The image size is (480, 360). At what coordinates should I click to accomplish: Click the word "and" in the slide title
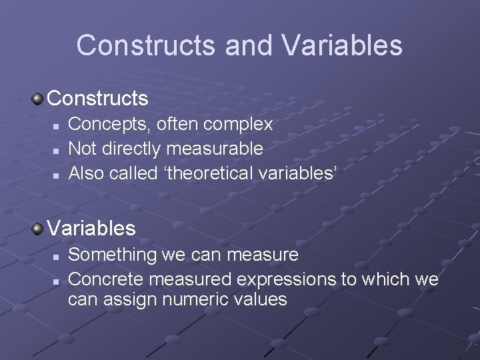249,45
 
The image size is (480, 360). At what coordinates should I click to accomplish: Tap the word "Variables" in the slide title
342,45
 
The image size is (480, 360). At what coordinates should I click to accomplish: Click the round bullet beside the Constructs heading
38,99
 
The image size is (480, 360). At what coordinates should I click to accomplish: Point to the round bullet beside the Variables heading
38,229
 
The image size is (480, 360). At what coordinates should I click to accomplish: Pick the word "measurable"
215,148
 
